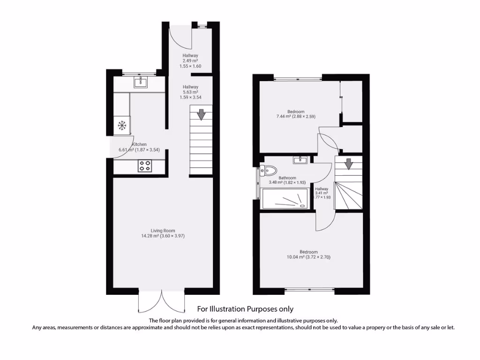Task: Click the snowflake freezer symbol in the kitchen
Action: (x=122, y=125)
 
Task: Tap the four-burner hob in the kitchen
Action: (x=145, y=165)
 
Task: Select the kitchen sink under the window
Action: (x=140, y=83)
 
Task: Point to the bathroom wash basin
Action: (x=300, y=160)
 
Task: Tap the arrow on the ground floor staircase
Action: (x=201, y=114)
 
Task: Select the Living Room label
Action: (x=163, y=230)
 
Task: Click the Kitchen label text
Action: (x=139, y=144)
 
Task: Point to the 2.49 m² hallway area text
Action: (x=190, y=61)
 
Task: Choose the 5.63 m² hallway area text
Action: (x=190, y=92)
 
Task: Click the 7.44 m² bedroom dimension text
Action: (x=296, y=116)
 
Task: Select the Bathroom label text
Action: (x=287, y=178)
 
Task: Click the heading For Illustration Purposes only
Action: (x=245, y=309)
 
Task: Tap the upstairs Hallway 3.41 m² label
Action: (x=322, y=193)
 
